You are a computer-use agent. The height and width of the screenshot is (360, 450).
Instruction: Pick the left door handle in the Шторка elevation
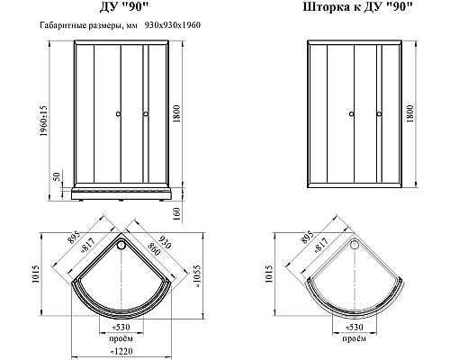tap(351, 114)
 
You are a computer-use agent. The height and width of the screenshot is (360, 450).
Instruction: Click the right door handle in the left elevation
tap(144, 114)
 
